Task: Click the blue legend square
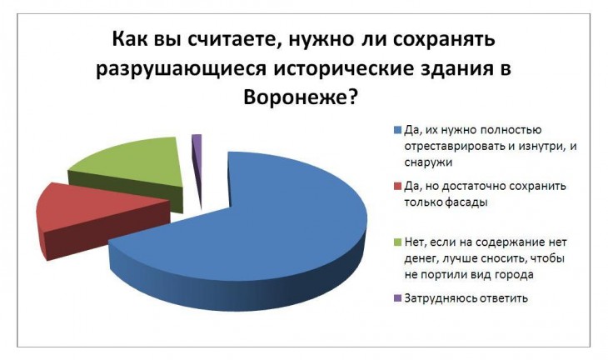pyautogui.click(x=397, y=130)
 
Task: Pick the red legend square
pyautogui.click(x=397, y=187)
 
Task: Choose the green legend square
pyautogui.click(x=397, y=242)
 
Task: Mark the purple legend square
pyautogui.click(x=397, y=298)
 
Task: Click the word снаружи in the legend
pyautogui.click(x=428, y=162)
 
